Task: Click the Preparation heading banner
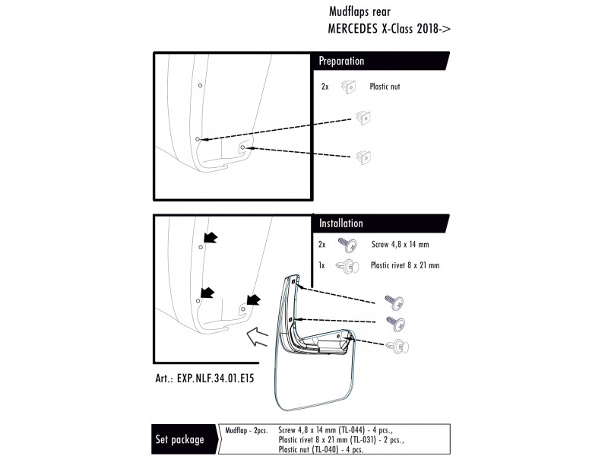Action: (381, 61)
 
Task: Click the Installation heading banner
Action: (381, 223)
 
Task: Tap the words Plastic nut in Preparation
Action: (385, 87)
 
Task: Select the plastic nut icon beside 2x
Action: (348, 87)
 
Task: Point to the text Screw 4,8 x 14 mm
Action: (401, 244)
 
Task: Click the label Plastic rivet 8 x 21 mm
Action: (405, 265)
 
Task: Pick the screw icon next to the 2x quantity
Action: (347, 245)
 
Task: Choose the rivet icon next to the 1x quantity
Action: (347, 266)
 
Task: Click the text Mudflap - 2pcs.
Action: (246, 430)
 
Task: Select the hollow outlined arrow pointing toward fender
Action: (257, 337)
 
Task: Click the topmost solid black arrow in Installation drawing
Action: (211, 237)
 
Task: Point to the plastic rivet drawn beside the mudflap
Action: (397, 346)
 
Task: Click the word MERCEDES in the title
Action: (353, 29)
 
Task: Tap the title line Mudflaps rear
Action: (359, 11)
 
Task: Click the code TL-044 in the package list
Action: (353, 430)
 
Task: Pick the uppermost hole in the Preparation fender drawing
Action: (200, 85)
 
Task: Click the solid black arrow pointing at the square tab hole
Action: (254, 299)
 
